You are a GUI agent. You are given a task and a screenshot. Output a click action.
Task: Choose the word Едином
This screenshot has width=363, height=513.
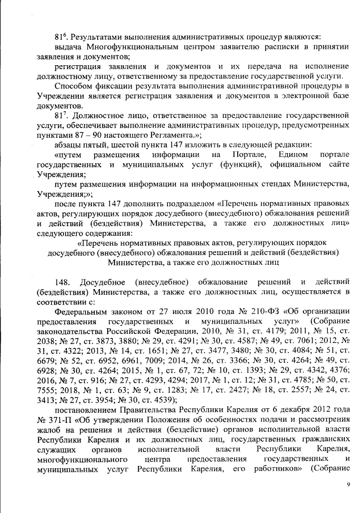tap(293, 155)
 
